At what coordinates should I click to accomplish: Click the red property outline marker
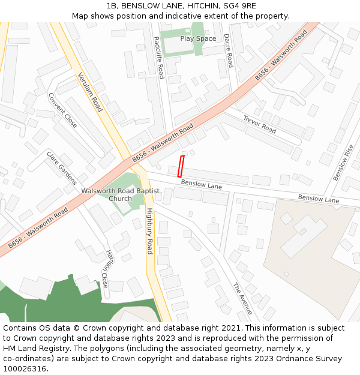181,166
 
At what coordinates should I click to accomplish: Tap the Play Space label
198,39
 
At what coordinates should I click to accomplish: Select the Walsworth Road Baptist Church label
121,194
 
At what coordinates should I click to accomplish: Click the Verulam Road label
90,92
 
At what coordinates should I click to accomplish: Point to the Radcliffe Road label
158,58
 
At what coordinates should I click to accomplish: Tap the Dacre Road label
228,50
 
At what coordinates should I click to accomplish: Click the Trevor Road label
259,125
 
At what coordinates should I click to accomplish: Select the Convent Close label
62,110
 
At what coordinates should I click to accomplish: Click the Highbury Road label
150,230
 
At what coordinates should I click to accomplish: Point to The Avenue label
243,298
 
